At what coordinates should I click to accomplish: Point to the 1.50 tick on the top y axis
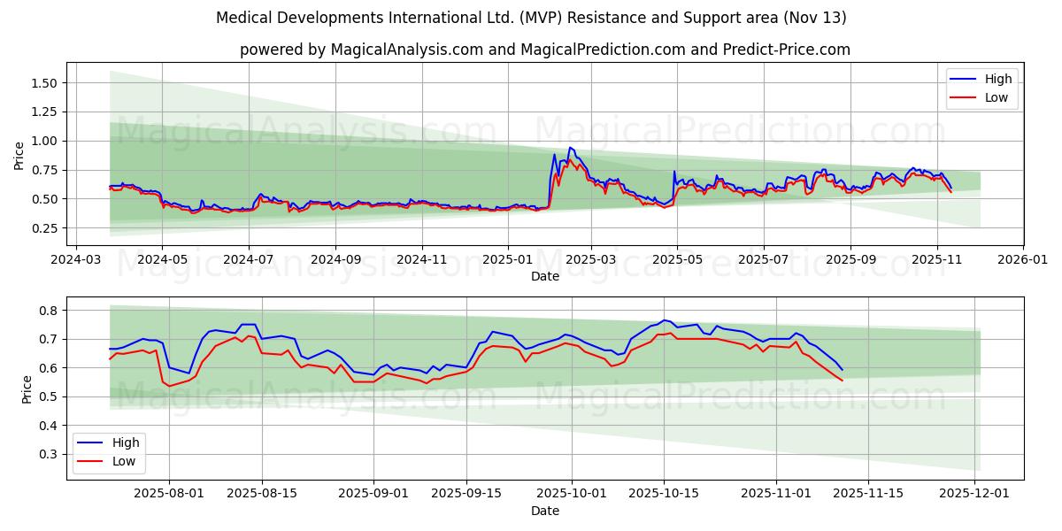(43, 83)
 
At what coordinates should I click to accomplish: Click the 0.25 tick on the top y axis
(43, 228)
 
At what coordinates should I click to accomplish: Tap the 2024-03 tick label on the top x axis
(75, 260)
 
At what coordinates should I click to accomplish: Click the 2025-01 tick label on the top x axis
(508, 260)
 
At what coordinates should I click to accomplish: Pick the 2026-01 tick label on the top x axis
(1022, 260)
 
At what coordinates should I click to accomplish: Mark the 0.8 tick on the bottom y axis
(49, 311)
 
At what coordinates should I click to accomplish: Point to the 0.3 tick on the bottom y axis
(49, 454)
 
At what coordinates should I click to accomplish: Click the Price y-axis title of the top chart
(19, 155)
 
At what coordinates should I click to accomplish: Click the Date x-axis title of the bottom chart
(544, 512)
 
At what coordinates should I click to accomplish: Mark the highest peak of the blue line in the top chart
(570, 147)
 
